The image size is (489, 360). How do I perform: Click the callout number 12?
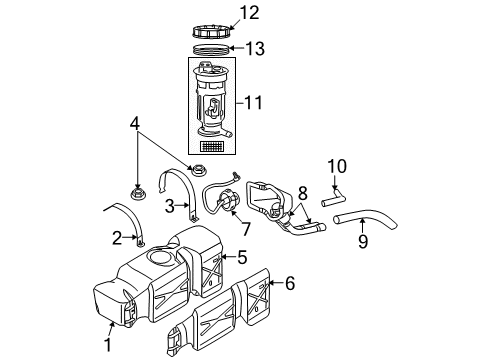coord(251,14)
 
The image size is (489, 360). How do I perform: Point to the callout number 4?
coord(136,125)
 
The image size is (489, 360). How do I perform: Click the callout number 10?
coord(336,166)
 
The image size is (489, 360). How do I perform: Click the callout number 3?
coord(170,206)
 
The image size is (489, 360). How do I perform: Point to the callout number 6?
coord(290,284)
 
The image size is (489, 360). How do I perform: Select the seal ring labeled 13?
coord(213,48)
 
